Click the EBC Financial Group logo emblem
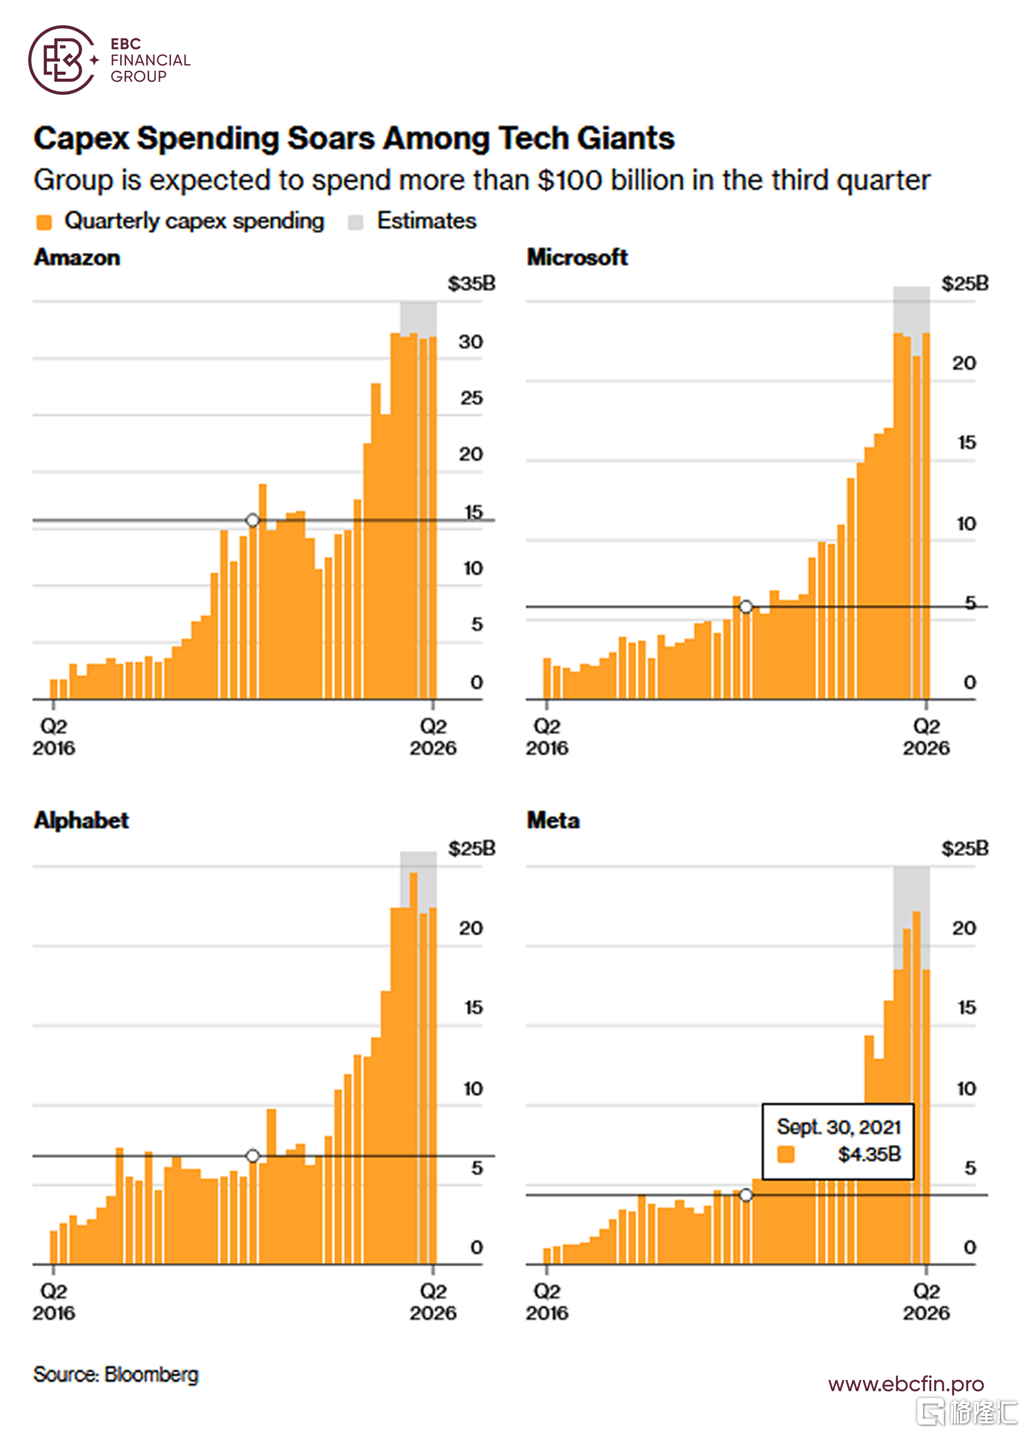pyautogui.click(x=62, y=61)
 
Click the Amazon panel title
pyautogui.click(x=77, y=258)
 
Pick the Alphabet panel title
pyautogui.click(x=81, y=820)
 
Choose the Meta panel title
pyautogui.click(x=553, y=820)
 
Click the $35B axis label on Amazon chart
pyautogui.click(x=471, y=284)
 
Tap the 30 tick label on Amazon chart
pyautogui.click(x=471, y=342)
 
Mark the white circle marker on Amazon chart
pyautogui.click(x=253, y=520)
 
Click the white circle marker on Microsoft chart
pyautogui.click(x=746, y=607)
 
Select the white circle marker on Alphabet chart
pyautogui.click(x=253, y=1156)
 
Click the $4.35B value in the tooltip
pyautogui.click(x=869, y=1154)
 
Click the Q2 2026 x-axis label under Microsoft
pyautogui.click(x=926, y=737)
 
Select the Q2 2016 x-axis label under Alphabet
pyautogui.click(x=54, y=1302)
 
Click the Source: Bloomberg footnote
pyautogui.click(x=116, y=1374)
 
